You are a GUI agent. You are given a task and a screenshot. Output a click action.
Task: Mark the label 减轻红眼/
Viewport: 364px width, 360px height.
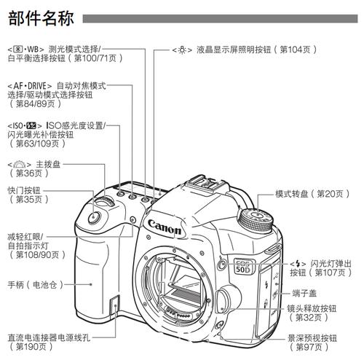(25, 236)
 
